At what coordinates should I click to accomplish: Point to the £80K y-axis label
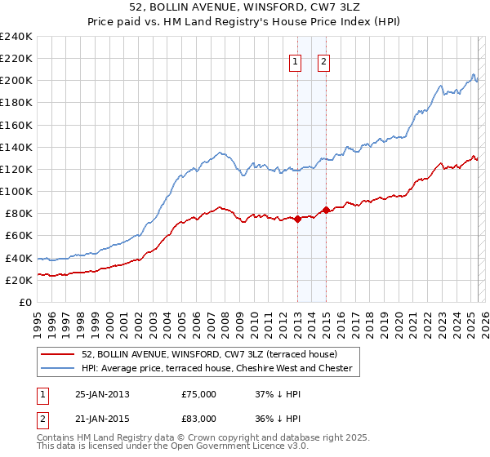click(x=19, y=214)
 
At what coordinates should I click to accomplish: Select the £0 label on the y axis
click(x=26, y=302)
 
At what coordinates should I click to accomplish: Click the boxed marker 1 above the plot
click(x=294, y=61)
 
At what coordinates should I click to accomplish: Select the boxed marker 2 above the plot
click(x=323, y=61)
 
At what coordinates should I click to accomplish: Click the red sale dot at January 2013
click(x=297, y=218)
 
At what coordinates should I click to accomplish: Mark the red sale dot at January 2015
click(x=327, y=210)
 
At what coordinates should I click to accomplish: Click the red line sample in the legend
click(x=58, y=354)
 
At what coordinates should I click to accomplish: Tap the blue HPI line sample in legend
click(x=58, y=368)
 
